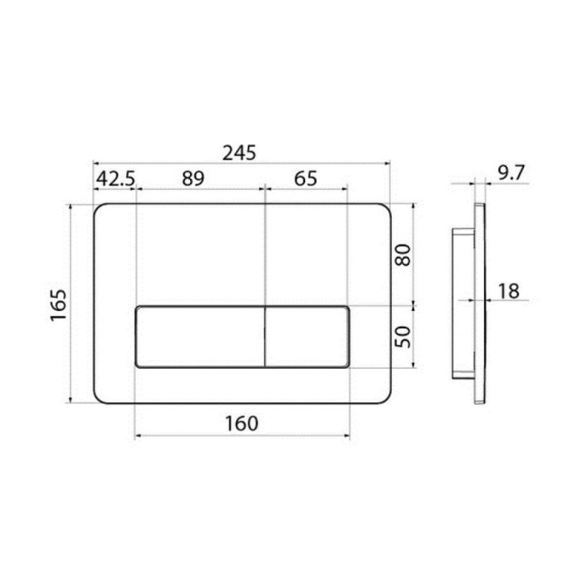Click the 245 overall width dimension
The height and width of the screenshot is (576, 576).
[239, 153]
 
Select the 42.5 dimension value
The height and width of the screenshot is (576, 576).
[116, 179]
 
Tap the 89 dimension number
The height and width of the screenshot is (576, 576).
[193, 179]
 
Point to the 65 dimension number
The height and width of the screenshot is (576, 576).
[305, 179]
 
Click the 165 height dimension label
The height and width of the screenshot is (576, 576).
[59, 305]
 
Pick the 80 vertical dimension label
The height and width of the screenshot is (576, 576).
[402, 255]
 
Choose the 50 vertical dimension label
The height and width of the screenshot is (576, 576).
[402, 336]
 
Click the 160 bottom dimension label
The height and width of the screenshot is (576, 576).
[241, 423]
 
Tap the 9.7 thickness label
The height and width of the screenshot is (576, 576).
[511, 173]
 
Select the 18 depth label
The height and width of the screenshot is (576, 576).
[509, 292]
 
